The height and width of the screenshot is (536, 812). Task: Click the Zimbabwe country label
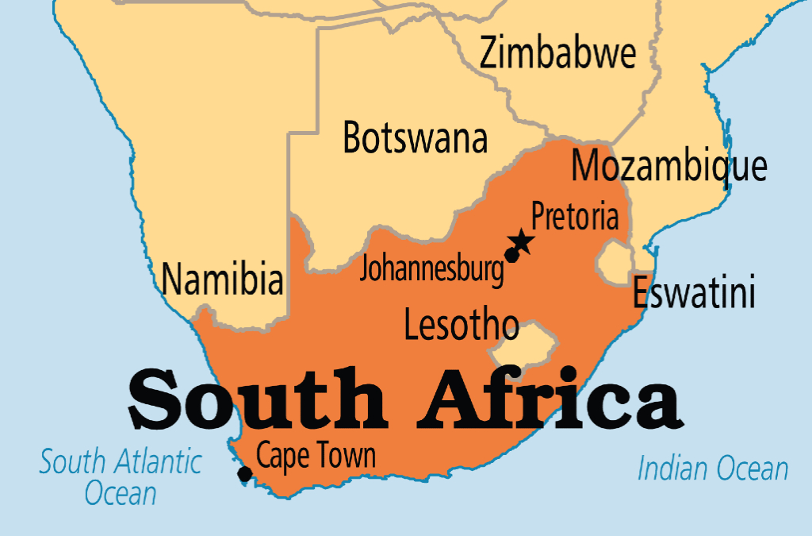pyautogui.click(x=557, y=54)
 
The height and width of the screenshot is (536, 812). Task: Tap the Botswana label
pyautogui.click(x=415, y=138)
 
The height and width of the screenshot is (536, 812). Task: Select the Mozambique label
pyautogui.click(x=669, y=167)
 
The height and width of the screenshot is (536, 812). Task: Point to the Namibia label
pyautogui.click(x=222, y=280)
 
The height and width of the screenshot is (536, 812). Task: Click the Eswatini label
pyautogui.click(x=694, y=294)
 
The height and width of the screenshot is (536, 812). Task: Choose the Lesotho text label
pyautogui.click(x=461, y=324)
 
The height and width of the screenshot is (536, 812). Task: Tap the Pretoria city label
pyautogui.click(x=574, y=216)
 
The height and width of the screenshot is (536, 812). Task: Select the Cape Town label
pyautogui.click(x=316, y=456)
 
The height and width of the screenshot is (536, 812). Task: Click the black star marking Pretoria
pyautogui.click(x=521, y=241)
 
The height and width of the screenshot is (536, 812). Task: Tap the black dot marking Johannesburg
pyautogui.click(x=511, y=256)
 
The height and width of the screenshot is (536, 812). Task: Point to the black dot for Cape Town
pyautogui.click(x=245, y=474)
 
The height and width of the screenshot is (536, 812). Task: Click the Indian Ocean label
pyautogui.click(x=713, y=469)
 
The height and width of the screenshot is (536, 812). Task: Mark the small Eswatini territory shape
pyautogui.click(x=615, y=262)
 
